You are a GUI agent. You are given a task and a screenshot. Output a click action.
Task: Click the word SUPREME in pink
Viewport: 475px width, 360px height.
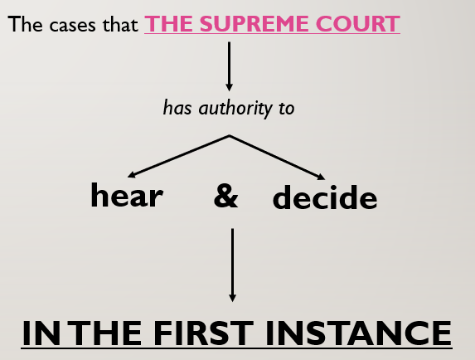point(254,23)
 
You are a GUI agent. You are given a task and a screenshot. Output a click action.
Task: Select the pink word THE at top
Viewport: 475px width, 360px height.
point(169,23)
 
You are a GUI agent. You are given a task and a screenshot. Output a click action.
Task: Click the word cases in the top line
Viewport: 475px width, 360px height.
point(72,26)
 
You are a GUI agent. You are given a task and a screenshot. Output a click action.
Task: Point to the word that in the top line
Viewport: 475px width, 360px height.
point(120,24)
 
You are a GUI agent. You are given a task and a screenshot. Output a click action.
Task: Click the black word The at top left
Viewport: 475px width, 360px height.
point(26,24)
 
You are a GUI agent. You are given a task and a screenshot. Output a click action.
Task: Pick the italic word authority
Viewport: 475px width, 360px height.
point(235,108)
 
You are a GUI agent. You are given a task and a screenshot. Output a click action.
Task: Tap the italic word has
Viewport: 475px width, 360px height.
point(177,107)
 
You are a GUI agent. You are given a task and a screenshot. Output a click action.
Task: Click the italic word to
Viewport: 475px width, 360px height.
point(287,109)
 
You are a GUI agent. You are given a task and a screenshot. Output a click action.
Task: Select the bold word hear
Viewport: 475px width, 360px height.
point(127,195)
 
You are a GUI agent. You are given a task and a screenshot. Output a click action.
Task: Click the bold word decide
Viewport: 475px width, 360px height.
point(325,197)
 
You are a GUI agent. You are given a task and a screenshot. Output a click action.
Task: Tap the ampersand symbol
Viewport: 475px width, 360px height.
point(226,196)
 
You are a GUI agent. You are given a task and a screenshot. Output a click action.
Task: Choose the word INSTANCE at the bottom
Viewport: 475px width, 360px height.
point(359,333)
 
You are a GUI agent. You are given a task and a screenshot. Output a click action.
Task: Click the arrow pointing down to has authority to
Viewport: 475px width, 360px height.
point(230,66)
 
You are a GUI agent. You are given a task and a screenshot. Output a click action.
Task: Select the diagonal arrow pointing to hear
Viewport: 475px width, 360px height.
point(178,156)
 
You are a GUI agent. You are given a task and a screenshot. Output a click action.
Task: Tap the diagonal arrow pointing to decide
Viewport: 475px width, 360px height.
point(277,158)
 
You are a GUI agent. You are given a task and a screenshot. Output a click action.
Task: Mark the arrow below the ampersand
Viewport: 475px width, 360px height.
point(232,265)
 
